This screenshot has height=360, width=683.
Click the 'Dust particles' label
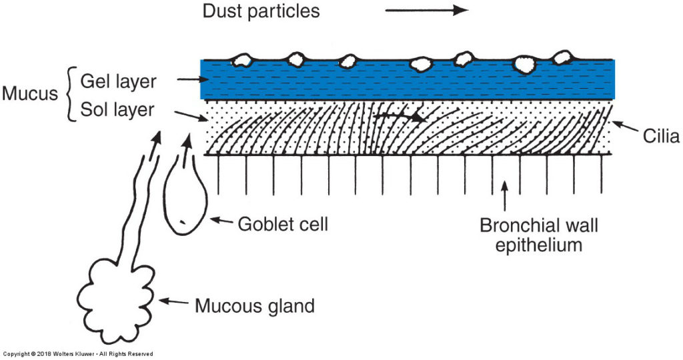click(x=261, y=11)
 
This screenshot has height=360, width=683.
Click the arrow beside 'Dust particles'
click(x=426, y=10)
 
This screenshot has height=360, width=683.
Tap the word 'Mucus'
click(x=29, y=93)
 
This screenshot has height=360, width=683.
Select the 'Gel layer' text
click(x=118, y=81)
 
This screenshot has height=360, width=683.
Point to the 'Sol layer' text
click(x=117, y=110)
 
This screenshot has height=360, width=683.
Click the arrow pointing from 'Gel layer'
click(x=193, y=79)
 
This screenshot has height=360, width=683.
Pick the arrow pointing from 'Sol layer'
click(x=191, y=117)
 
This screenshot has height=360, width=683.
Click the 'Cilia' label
click(x=661, y=136)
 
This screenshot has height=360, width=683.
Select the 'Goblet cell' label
click(x=283, y=224)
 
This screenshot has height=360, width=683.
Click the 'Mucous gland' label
click(x=254, y=306)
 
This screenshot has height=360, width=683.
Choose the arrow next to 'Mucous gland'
click(x=174, y=301)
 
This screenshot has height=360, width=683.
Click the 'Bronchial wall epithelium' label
click(x=539, y=235)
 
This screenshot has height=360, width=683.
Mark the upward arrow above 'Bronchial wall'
click(x=505, y=196)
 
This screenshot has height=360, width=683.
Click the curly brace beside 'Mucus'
click(x=71, y=93)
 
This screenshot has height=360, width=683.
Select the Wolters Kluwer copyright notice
click(x=77, y=354)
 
